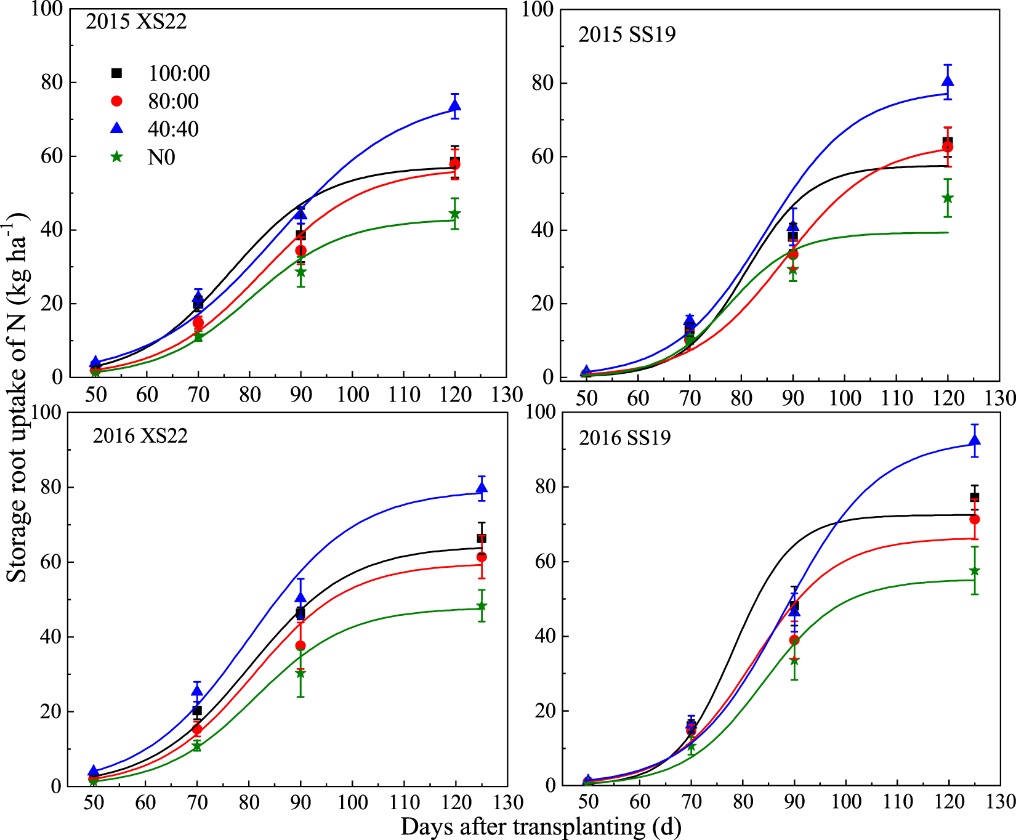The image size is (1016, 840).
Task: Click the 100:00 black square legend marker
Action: pyautogui.click(x=116, y=73)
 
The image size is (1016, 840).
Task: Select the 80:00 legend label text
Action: pyautogui.click(x=173, y=102)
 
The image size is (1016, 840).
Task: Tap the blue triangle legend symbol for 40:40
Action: pyautogui.click(x=116, y=128)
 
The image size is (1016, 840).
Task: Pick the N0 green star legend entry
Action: pyautogui.click(x=116, y=157)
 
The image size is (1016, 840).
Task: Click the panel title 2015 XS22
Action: pyautogui.click(x=136, y=22)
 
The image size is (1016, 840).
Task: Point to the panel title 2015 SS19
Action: pyautogui.click(x=627, y=34)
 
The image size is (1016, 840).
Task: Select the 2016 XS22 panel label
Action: pyautogui.click(x=140, y=435)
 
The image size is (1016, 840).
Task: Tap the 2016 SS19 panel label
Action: pyautogui.click(x=624, y=438)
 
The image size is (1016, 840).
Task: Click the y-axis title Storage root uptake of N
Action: pyautogui.click(x=17, y=397)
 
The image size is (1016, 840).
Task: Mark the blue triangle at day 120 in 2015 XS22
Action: pyautogui.click(x=454, y=106)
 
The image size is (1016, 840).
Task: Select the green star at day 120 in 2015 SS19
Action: pyautogui.click(x=948, y=198)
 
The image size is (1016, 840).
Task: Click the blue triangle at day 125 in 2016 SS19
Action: pyautogui.click(x=975, y=440)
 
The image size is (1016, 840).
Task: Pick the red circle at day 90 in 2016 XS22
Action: pyautogui.click(x=300, y=645)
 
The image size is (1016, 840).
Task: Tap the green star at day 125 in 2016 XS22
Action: pyautogui.click(x=482, y=607)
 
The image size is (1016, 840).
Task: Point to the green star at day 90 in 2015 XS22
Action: pyautogui.click(x=300, y=272)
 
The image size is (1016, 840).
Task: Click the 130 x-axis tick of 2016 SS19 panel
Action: pyautogui.click(x=1000, y=802)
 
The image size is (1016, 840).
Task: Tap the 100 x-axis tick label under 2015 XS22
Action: pyautogui.click(x=352, y=395)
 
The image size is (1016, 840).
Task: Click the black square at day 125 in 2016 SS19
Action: pyautogui.click(x=975, y=497)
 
